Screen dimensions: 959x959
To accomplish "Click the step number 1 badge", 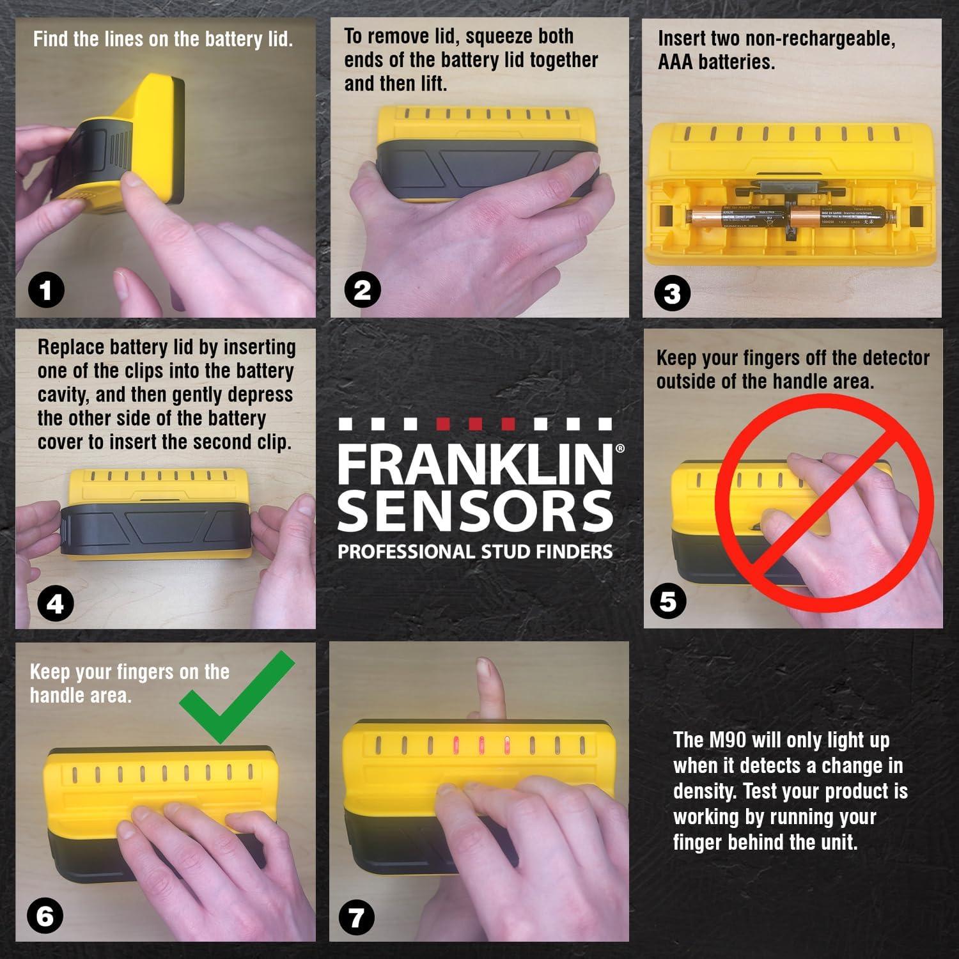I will [x=46, y=291].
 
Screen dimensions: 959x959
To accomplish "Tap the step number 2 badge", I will [x=362, y=290].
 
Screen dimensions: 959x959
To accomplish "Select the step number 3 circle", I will [x=672, y=293].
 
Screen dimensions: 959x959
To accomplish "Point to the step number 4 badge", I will [x=55, y=603].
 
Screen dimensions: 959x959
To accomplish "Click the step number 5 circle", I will [x=667, y=601].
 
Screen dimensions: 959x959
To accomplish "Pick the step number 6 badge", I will [x=45, y=916].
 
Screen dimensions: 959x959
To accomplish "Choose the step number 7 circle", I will [x=356, y=918].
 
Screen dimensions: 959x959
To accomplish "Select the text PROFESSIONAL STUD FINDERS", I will [x=474, y=552].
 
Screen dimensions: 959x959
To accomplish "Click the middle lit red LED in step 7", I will [x=481, y=745].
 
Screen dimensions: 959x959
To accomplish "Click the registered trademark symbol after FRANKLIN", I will [x=619, y=449].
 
